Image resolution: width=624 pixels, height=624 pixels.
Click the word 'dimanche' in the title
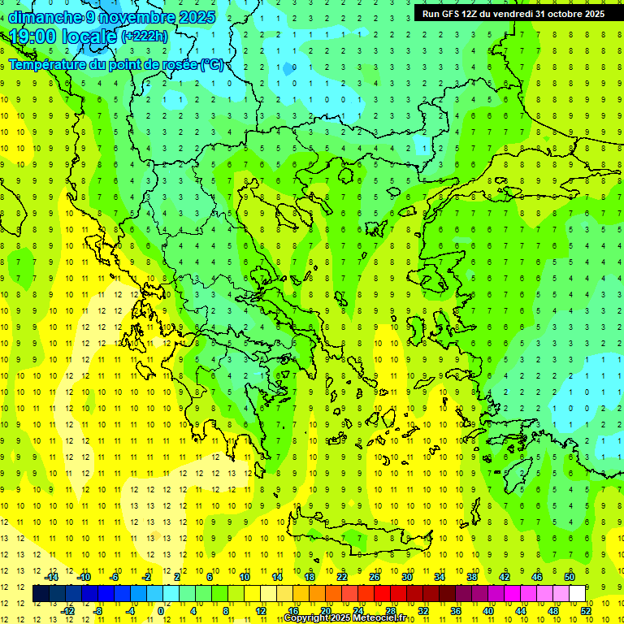pos(45,17)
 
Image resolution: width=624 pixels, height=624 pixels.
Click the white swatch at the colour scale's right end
pos(578,594)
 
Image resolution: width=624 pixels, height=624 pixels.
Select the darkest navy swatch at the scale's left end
pos(41,594)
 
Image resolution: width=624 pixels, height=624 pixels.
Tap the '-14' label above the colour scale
pos(50,577)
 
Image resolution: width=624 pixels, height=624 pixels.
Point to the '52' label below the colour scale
pos(587,611)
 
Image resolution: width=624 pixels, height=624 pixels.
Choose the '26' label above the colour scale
pos(375,577)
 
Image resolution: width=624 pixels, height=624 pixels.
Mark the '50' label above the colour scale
pos(570,577)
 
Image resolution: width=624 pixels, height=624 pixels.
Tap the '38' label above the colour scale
pos(472,577)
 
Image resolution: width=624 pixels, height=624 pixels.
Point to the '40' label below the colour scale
pos(488,611)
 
